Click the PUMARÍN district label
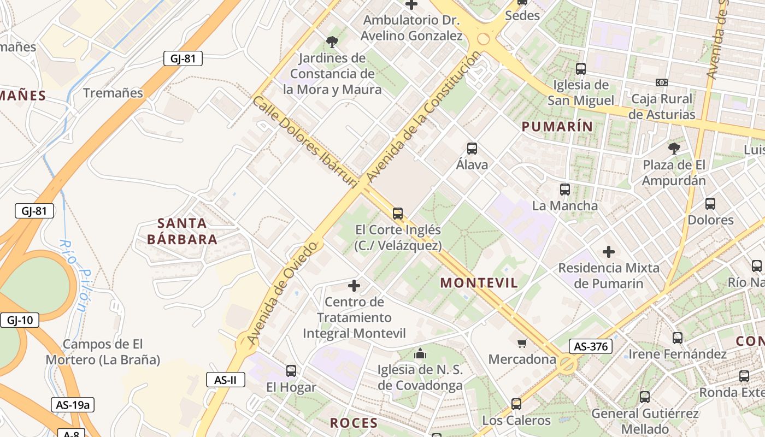[557, 127]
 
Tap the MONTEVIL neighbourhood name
[479, 282]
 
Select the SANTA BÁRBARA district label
[183, 231]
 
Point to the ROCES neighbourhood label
[354, 423]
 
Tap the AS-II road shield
[225, 380]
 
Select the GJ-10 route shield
[20, 320]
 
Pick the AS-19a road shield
[73, 405]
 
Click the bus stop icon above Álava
[472, 149]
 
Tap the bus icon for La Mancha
[565, 190]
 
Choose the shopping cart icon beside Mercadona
[522, 343]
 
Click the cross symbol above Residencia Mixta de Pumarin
[609, 252]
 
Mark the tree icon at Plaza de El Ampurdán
[674, 148]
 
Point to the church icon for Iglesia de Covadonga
[420, 353]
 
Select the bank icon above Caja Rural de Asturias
[662, 82]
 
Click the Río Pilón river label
[74, 276]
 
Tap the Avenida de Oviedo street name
[282, 293]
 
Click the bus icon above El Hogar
[291, 371]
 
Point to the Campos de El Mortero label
[103, 352]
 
